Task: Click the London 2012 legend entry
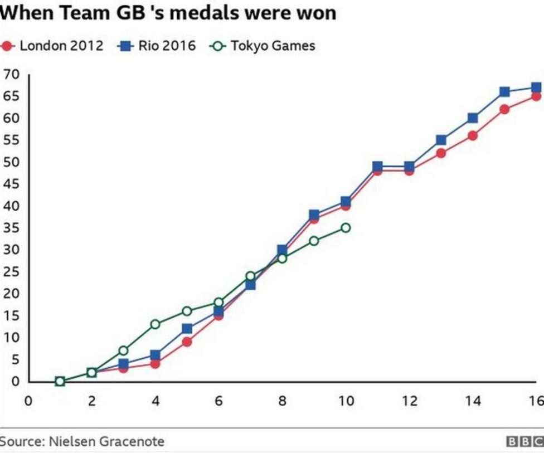tap(54, 46)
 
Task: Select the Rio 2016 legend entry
tap(157, 46)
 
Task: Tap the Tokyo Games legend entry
tap(263, 46)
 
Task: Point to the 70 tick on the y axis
tap(12, 74)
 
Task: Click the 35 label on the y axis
tap(12, 228)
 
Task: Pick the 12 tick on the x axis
tap(410, 401)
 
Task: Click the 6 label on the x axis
tap(218, 401)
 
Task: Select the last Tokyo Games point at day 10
tap(346, 227)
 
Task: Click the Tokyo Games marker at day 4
tap(155, 324)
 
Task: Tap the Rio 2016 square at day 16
tap(536, 87)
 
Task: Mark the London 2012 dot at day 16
tap(536, 96)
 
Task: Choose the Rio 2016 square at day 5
tap(187, 329)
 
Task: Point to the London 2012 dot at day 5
tap(187, 342)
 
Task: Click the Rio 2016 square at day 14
tap(473, 118)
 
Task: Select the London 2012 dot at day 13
tap(441, 153)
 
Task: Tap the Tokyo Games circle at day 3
tap(123, 350)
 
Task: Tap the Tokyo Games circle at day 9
tap(314, 241)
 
